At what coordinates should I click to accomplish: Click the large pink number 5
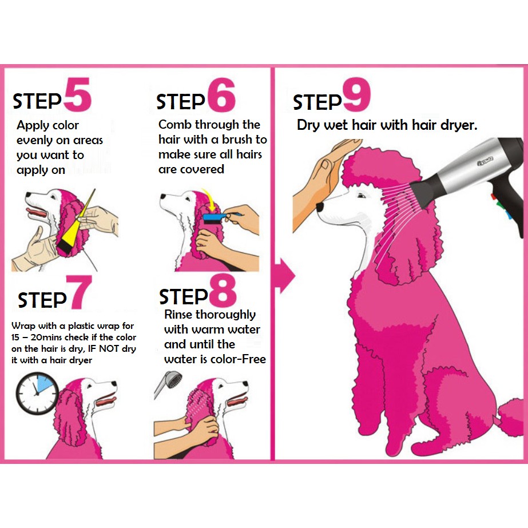click(x=78, y=94)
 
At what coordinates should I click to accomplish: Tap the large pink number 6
click(x=221, y=94)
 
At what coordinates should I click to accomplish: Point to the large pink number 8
click(x=223, y=289)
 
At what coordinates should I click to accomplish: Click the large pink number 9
click(x=356, y=94)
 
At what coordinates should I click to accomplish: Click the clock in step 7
click(x=37, y=393)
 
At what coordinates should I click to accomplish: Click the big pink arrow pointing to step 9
click(x=285, y=276)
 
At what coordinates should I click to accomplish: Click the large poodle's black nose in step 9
click(x=320, y=207)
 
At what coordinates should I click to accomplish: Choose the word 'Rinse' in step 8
click(x=178, y=315)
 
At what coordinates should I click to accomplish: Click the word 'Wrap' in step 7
click(x=23, y=326)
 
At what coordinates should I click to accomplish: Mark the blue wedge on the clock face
click(x=45, y=384)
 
